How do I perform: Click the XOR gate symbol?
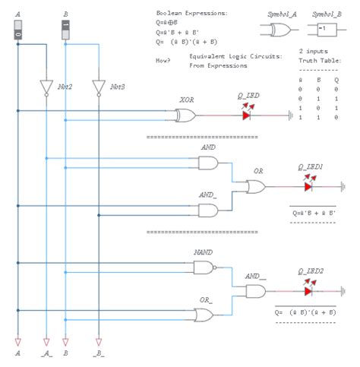(185, 115)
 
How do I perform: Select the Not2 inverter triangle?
(47, 88)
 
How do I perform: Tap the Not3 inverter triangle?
(97, 88)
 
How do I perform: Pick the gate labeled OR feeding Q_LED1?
(256, 186)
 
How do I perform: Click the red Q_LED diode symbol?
(248, 115)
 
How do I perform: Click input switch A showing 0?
(17, 30)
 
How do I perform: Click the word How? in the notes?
(162, 59)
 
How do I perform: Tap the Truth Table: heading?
(319, 60)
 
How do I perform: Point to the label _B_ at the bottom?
(97, 354)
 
